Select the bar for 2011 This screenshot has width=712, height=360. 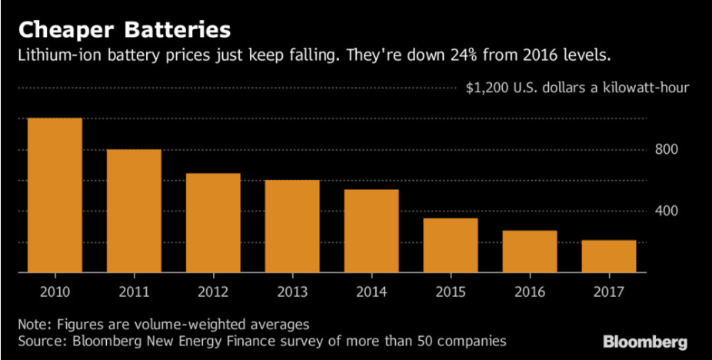[x=134, y=211]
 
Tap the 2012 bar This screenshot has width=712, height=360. [x=213, y=223]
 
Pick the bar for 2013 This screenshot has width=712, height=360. [x=292, y=226]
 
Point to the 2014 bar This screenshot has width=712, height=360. [x=371, y=231]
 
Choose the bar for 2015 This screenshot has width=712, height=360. [x=451, y=245]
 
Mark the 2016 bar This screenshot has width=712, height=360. [x=530, y=252]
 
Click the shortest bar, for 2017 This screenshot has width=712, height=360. [x=609, y=256]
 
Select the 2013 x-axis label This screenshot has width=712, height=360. [x=292, y=292]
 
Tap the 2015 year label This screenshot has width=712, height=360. [x=451, y=292]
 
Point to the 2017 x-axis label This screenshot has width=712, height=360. [x=609, y=292]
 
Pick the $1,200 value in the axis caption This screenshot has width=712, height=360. [x=489, y=88]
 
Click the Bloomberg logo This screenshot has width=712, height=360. [x=645, y=342]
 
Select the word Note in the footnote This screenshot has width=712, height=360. [x=34, y=323]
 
